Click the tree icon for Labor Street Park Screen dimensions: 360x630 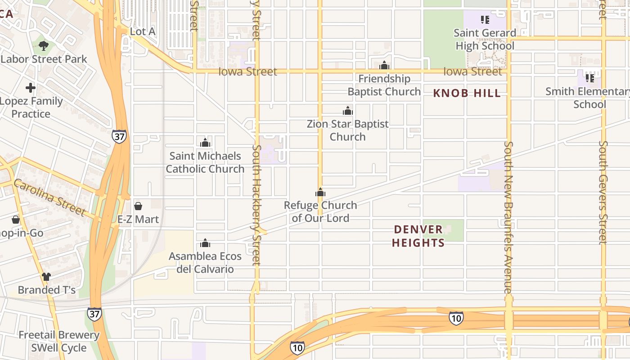(44, 45)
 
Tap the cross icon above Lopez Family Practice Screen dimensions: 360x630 (31, 87)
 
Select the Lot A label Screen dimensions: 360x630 (142, 31)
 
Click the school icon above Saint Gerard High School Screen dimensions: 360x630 (485, 19)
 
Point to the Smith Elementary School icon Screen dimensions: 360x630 (590, 78)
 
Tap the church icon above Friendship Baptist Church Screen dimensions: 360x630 (384, 66)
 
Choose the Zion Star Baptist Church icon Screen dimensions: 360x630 (347, 111)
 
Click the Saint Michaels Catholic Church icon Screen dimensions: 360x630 (205, 143)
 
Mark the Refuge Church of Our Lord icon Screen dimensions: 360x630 (320, 193)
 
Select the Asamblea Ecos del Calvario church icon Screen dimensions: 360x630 (205, 243)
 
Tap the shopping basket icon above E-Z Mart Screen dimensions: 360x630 (138, 206)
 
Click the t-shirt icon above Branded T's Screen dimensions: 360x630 (46, 277)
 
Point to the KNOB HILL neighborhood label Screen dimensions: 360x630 (467, 93)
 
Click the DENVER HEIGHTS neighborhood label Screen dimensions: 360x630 (418, 236)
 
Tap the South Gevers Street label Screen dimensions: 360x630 (603, 193)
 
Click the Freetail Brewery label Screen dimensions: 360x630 (58, 335)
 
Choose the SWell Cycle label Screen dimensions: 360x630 (58, 348)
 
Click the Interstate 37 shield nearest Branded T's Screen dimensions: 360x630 (94, 314)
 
